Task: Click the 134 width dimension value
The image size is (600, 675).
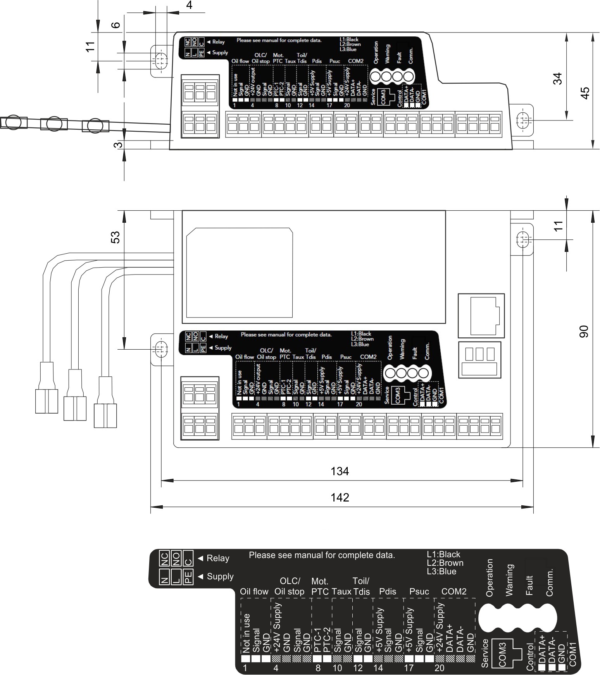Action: tap(340, 471)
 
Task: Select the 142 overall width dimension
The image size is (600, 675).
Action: tap(340, 497)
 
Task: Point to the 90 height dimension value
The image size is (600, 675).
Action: tap(584, 331)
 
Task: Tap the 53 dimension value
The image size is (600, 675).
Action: tap(115, 237)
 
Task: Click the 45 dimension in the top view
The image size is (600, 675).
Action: tap(584, 93)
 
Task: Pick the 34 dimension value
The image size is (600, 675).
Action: tap(557, 79)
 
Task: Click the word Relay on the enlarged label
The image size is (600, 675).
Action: tap(218, 558)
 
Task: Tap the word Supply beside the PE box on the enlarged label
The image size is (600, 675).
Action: tap(220, 576)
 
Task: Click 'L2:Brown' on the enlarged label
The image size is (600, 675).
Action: tap(445, 563)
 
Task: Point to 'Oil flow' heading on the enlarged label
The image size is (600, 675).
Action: tap(254, 591)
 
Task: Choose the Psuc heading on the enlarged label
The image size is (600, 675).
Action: tap(419, 591)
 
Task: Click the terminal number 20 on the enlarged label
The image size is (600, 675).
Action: tap(440, 668)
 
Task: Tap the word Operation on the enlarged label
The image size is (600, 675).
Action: tap(490, 577)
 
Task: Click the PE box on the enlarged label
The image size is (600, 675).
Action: tap(188, 577)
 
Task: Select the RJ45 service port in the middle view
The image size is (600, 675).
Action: tap(481, 316)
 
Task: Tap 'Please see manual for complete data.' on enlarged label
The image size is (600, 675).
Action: tap(322, 555)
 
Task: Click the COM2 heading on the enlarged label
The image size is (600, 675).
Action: tap(454, 591)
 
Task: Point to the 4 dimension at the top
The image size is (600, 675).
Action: tap(189, 5)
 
